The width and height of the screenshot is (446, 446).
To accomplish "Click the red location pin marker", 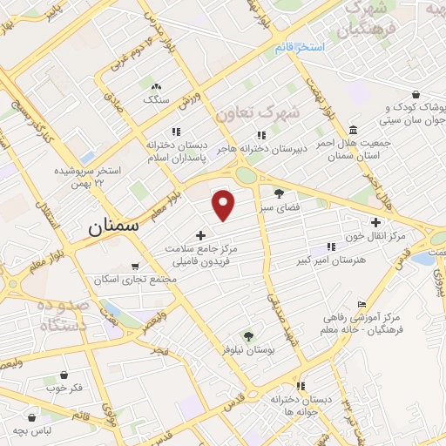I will point(224,204).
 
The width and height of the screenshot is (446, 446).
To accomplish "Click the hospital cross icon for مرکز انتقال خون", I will point(375,222).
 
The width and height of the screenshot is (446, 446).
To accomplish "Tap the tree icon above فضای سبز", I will point(279,193).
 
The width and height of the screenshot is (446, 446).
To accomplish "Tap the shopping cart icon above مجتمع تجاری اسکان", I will point(134,267).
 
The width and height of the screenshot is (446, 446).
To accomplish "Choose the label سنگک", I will point(156,100).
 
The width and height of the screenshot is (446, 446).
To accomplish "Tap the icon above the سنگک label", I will point(157,87).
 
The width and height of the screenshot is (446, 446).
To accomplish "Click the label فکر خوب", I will point(64,388).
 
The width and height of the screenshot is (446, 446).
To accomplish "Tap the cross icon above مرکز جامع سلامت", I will point(200,235).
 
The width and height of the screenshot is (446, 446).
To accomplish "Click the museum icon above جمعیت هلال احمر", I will point(351,130).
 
